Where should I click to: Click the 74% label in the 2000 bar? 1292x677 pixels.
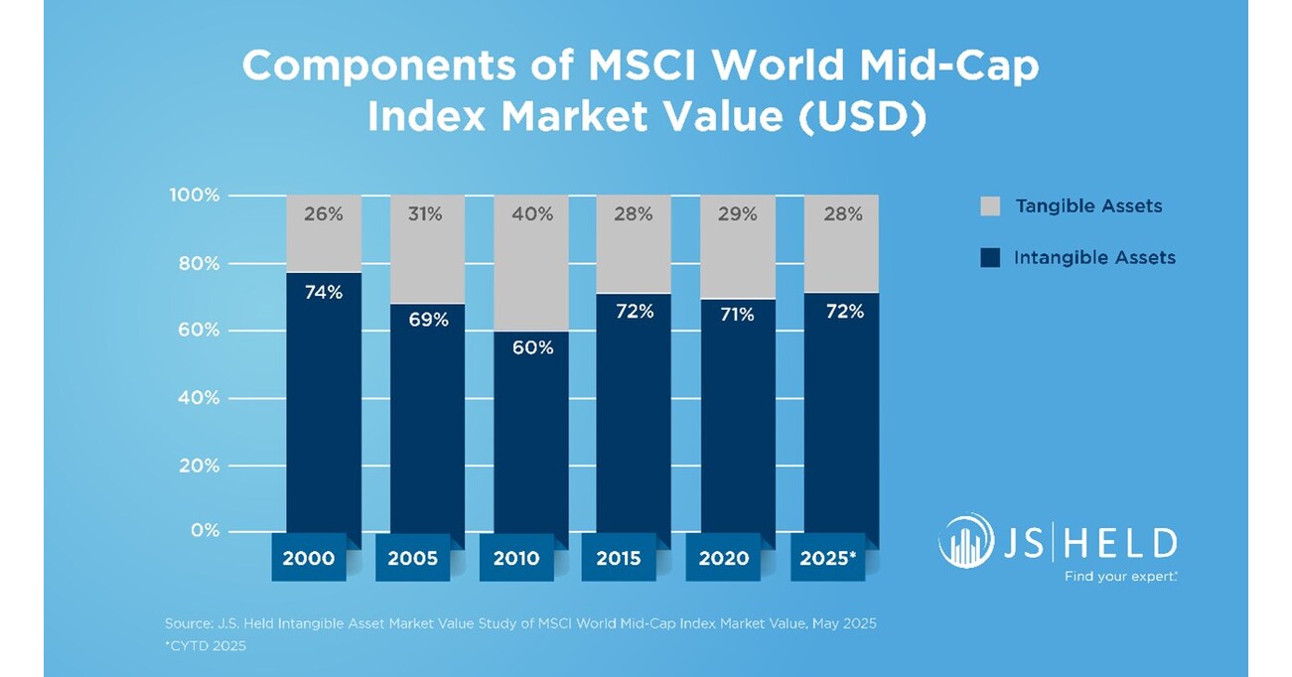click(324, 292)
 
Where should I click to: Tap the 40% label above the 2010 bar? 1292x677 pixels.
click(530, 213)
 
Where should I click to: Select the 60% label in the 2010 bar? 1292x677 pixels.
click(530, 348)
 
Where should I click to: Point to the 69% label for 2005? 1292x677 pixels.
click(427, 320)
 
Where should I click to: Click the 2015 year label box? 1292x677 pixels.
click(619, 559)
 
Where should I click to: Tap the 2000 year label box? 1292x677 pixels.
click(309, 559)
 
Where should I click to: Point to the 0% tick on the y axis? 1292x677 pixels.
click(205, 531)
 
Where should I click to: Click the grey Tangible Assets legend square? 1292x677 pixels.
click(989, 206)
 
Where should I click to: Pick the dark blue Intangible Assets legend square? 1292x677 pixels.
click(989, 258)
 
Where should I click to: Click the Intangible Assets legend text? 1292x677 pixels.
click(1094, 258)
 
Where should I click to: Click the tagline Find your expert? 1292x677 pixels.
click(1120, 576)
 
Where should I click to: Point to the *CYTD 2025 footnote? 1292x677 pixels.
click(205, 646)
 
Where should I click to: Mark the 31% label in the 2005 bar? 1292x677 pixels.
click(427, 213)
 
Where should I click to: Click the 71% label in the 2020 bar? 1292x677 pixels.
click(737, 315)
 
